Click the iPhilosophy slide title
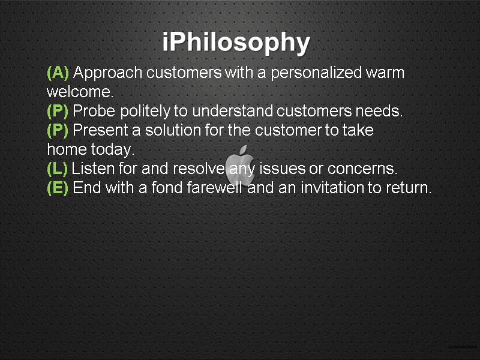(236, 43)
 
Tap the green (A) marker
(58, 73)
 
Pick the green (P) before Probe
(58, 112)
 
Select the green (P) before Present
(58, 131)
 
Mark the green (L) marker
(58, 169)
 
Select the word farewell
(214, 188)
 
